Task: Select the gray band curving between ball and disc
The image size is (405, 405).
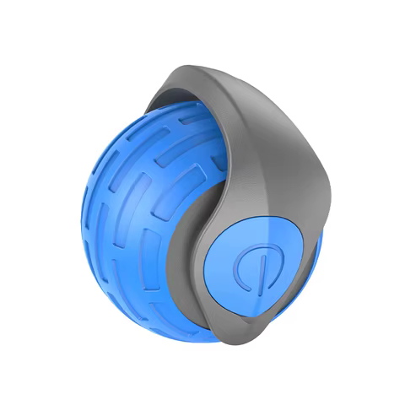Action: pyautogui.click(x=190, y=253)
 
